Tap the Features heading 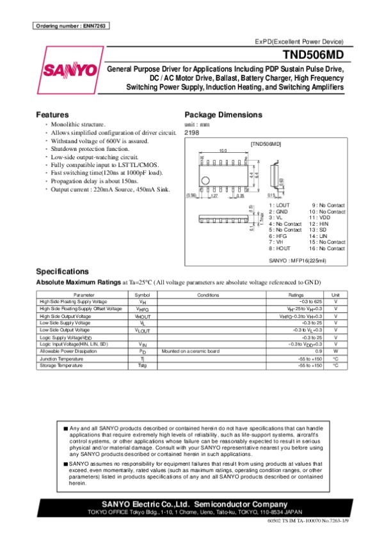click(x=52, y=114)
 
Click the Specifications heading click(x=63, y=271)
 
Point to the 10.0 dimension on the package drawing click(x=223, y=150)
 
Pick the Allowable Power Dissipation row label click(x=67, y=350)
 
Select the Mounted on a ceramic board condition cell click(x=191, y=350)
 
